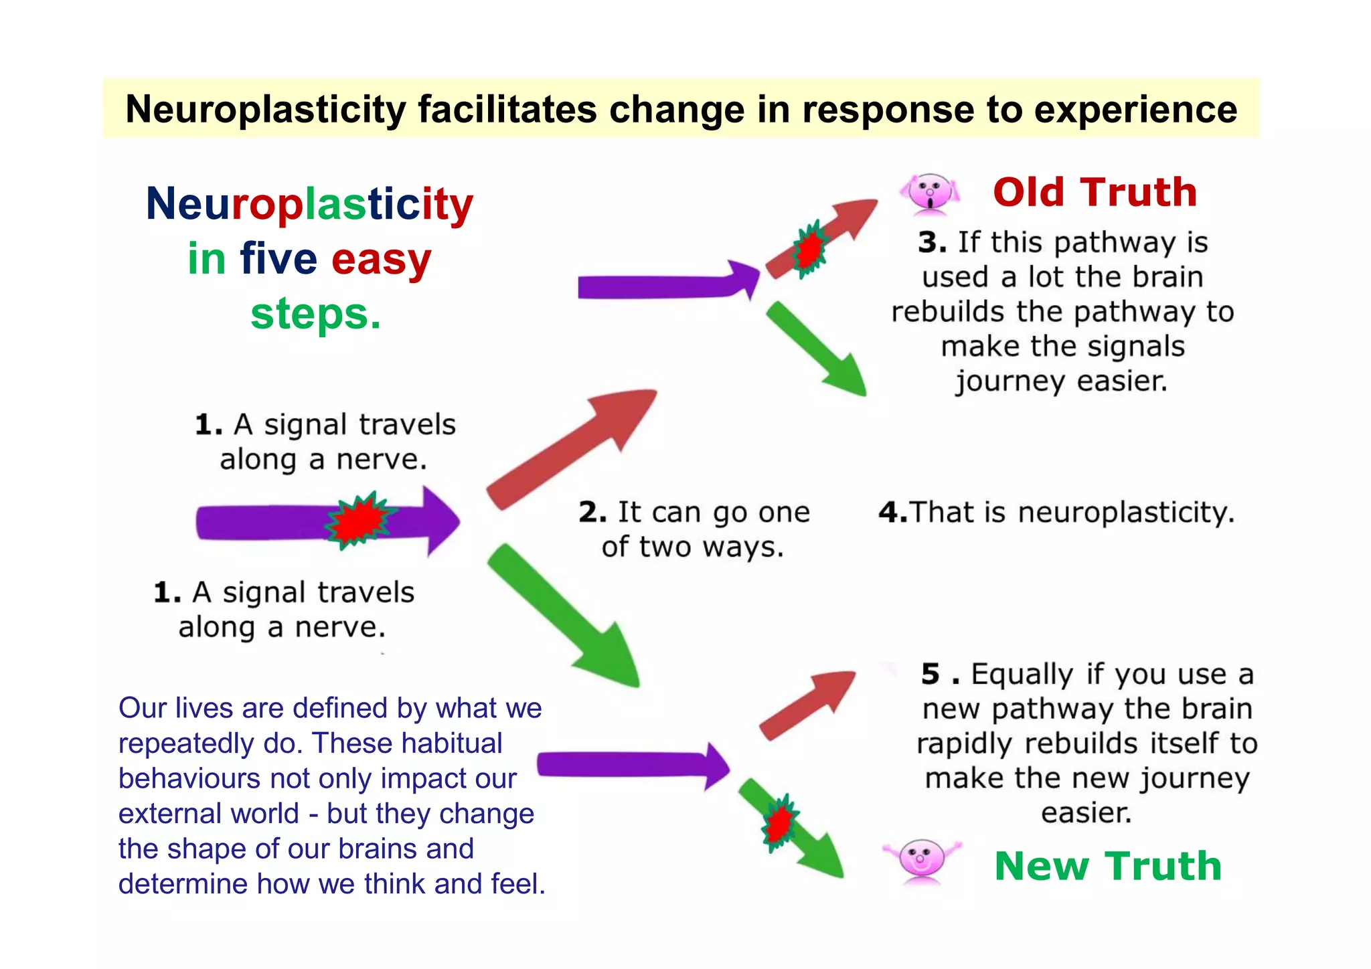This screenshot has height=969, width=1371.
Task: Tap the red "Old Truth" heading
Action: [x=1095, y=193]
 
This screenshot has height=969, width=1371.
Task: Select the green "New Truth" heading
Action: [x=1108, y=866]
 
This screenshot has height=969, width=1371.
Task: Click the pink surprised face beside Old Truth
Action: [x=930, y=193]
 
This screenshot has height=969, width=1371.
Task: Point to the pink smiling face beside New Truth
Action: [x=921, y=859]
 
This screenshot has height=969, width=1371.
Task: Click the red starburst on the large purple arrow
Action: [x=360, y=521]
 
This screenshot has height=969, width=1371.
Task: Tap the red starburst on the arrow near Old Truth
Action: [x=810, y=249]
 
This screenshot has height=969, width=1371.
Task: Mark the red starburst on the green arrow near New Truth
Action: [x=779, y=823]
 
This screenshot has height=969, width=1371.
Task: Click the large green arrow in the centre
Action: [x=566, y=616]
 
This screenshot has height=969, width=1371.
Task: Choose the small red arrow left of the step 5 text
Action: [x=807, y=706]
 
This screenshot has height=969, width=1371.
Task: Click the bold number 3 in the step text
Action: [x=931, y=242]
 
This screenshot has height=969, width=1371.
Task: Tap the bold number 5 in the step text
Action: [x=931, y=674]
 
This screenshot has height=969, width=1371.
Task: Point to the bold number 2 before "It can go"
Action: [x=592, y=512]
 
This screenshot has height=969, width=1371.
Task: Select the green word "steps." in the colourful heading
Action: [x=315, y=314]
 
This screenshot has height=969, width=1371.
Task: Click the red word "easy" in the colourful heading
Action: [x=381, y=259]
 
